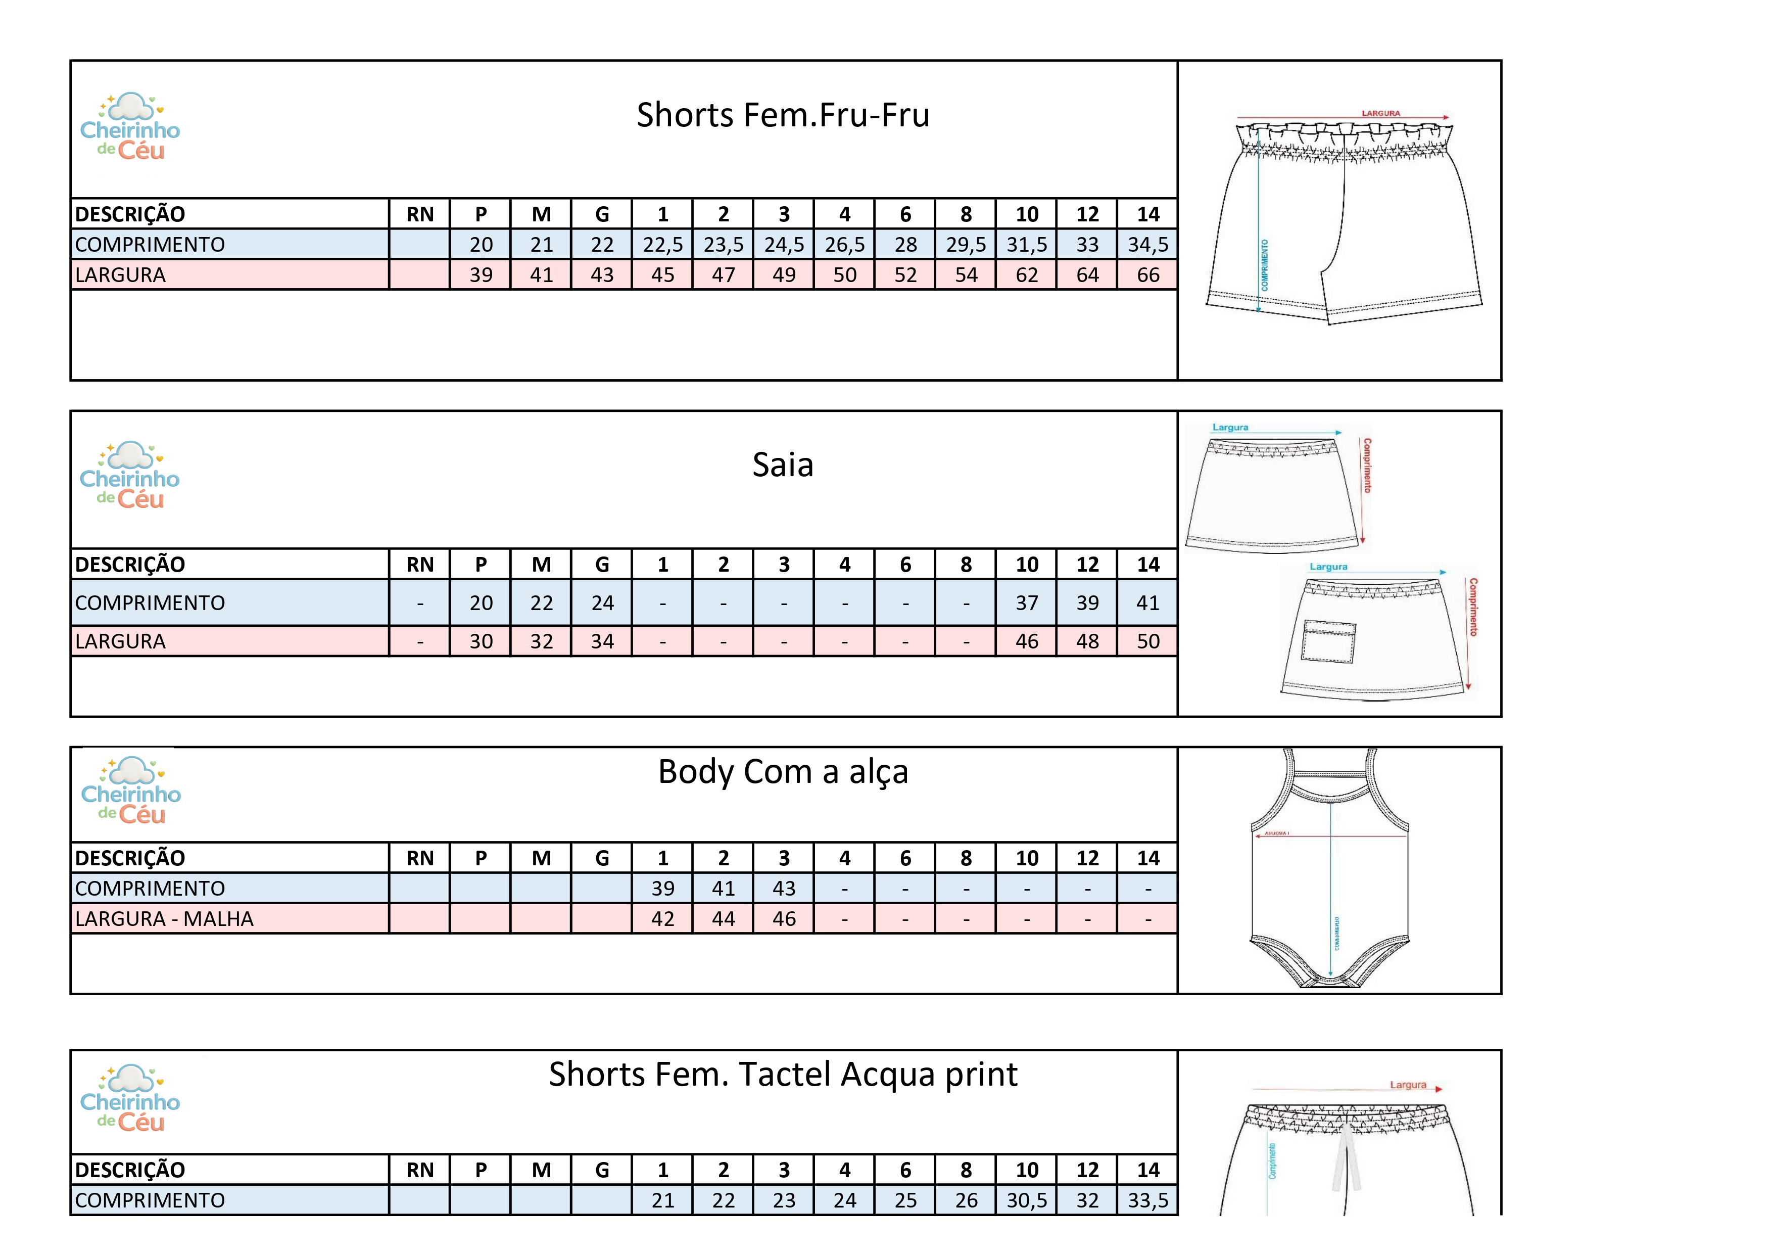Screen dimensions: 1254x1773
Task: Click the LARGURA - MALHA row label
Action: click(x=165, y=919)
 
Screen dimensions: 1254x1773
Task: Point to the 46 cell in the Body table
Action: click(x=784, y=919)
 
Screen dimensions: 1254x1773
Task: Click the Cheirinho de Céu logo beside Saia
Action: click(x=130, y=476)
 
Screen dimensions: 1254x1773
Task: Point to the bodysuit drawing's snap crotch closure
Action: click(x=1330, y=982)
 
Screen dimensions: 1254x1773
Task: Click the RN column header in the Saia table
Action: click(x=420, y=565)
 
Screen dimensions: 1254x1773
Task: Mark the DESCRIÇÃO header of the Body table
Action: click(x=130, y=858)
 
